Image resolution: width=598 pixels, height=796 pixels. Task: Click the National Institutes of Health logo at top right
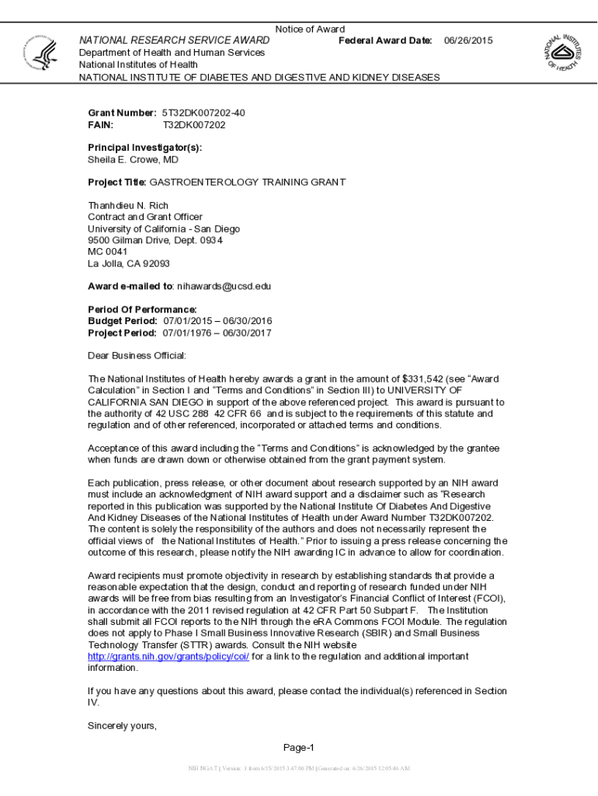pyautogui.click(x=565, y=53)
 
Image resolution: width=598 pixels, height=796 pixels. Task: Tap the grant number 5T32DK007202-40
pyautogui.click(x=203, y=113)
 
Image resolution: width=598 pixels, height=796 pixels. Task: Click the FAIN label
pyautogui.click(x=100, y=124)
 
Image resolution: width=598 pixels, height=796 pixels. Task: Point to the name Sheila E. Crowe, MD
pyautogui.click(x=133, y=159)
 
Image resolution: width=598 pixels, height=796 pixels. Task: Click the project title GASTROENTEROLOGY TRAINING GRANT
pyautogui.click(x=247, y=182)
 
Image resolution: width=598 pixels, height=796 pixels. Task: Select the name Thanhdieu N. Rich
pyautogui.click(x=128, y=205)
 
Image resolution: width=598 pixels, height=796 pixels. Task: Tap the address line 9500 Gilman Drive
pyautogui.click(x=155, y=240)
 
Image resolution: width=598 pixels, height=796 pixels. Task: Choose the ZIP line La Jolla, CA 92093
pyautogui.click(x=128, y=264)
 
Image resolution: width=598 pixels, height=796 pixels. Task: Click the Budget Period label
pyautogui.click(x=123, y=321)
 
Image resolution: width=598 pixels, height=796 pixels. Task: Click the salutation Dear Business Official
pyautogui.click(x=137, y=356)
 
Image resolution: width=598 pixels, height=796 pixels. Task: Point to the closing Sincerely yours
pyautogui.click(x=122, y=726)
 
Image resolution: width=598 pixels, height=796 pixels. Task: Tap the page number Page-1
pyautogui.click(x=298, y=748)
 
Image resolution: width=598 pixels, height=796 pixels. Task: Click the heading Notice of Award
pyautogui.click(x=310, y=30)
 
